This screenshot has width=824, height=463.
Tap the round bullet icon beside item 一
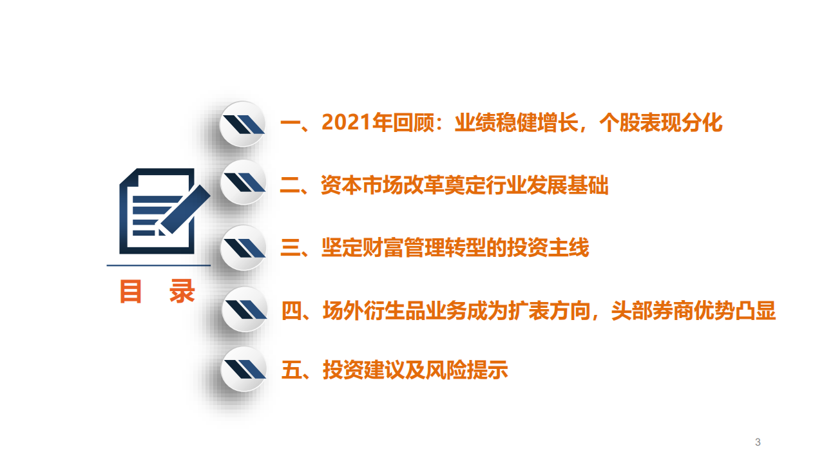pos(244,124)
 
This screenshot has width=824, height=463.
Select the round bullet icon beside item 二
pos(244,183)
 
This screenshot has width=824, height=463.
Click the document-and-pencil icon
pos(161,211)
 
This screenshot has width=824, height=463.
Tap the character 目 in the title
pos(131,292)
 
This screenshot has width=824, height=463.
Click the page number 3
pos(758,442)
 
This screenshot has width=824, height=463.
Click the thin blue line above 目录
pos(158,265)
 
